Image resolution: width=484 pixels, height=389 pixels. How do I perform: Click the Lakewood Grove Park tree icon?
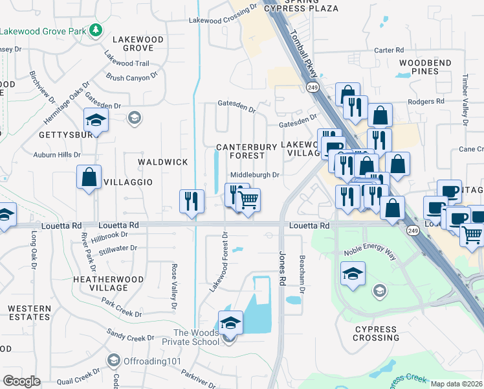coord(96,30)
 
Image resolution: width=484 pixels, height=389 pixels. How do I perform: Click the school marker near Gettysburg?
coord(95,121)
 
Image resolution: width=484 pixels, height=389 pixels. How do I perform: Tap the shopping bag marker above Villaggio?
coord(89,177)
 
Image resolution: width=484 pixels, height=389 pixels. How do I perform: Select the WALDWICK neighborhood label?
coord(163,162)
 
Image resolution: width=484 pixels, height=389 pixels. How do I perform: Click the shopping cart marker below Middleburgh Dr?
coord(247,200)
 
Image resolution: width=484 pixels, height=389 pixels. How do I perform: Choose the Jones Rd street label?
coord(282,268)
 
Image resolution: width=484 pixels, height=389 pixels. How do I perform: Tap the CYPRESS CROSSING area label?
coord(376,333)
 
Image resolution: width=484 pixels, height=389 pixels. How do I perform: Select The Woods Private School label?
coord(196,337)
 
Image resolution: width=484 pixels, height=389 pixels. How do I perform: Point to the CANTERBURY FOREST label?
coord(247,151)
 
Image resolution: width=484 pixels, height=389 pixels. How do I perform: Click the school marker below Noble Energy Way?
coord(353,275)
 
